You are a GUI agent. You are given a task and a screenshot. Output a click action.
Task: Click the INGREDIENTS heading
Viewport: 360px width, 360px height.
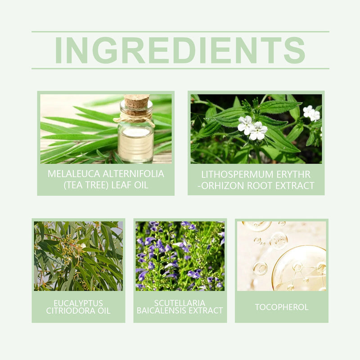[x=180, y=50]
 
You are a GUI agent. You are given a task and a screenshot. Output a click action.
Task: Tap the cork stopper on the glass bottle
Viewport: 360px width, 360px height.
[x=136, y=104]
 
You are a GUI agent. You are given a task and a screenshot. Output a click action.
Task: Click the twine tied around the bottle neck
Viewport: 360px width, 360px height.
[x=134, y=118]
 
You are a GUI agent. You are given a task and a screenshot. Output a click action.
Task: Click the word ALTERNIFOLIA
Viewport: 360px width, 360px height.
[x=133, y=174]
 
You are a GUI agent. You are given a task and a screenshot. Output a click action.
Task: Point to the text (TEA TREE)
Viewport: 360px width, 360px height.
[x=86, y=185]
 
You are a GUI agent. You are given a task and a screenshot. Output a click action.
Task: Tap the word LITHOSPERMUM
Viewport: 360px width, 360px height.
[x=238, y=175]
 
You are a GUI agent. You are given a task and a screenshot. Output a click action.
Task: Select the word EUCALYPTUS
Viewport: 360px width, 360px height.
[x=78, y=303]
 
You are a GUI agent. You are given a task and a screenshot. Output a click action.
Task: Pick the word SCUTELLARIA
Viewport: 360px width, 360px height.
[x=180, y=303]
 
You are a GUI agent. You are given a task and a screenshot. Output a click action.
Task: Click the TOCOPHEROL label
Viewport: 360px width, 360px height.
[x=282, y=307]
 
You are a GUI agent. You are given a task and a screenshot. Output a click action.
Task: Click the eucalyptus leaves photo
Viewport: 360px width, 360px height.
[x=78, y=256]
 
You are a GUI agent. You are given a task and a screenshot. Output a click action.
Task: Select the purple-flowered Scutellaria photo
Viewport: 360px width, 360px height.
[x=180, y=256]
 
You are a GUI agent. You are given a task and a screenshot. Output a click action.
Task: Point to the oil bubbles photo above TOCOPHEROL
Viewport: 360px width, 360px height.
[x=282, y=256]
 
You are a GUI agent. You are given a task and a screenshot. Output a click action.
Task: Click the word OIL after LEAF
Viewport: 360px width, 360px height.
[x=141, y=185]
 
